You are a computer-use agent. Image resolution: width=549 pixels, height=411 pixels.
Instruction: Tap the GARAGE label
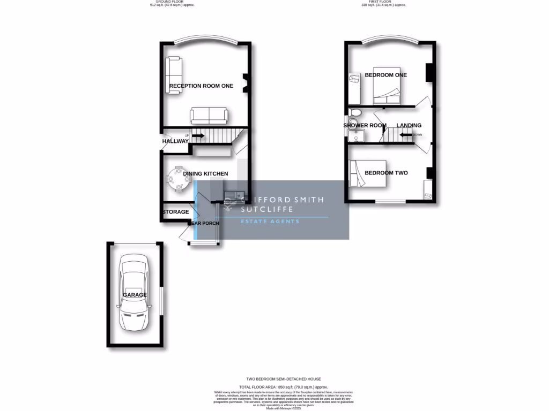pyautogui.click(x=135, y=295)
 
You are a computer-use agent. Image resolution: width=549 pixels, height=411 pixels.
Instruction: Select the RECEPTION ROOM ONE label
pyautogui.click(x=201, y=86)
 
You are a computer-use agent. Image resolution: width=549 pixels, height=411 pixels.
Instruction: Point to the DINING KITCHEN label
pyautogui.click(x=205, y=173)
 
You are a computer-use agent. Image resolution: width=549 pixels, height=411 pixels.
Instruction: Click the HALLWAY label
pyautogui.click(x=175, y=141)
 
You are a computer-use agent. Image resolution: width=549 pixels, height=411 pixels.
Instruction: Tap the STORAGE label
pyautogui.click(x=176, y=212)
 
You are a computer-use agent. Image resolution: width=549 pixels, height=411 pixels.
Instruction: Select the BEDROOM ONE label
pyautogui.click(x=385, y=75)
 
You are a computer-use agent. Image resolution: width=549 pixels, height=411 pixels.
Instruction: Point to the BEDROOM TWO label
pyautogui.click(x=386, y=173)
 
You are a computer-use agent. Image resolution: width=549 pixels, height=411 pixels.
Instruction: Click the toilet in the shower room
pyautogui.click(x=354, y=112)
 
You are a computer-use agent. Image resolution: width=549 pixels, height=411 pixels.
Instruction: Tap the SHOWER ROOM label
pyautogui.click(x=365, y=126)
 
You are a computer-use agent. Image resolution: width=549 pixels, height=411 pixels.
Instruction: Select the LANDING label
pyautogui.click(x=409, y=126)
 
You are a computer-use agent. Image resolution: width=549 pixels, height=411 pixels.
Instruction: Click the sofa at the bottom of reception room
pyautogui.click(x=209, y=115)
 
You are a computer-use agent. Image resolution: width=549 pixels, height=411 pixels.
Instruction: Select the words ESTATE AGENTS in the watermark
pyautogui.click(x=270, y=222)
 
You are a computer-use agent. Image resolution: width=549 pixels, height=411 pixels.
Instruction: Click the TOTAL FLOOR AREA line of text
pyautogui.click(x=283, y=386)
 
